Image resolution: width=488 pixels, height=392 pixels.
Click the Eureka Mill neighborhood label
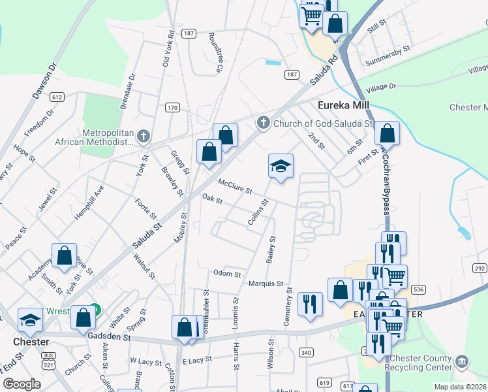click(x=343, y=105)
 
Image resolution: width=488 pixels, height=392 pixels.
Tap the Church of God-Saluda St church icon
click(x=263, y=122)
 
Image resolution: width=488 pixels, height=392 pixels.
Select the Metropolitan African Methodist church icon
click(x=144, y=137)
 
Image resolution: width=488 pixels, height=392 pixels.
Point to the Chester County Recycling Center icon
click(x=462, y=361)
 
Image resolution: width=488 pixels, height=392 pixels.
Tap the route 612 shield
click(x=57, y=97)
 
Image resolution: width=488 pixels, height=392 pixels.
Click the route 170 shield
click(x=172, y=108)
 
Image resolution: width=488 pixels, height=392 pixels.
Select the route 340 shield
click(x=305, y=353)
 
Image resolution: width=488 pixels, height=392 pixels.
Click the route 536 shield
click(x=419, y=289)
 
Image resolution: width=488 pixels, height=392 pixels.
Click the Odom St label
click(x=227, y=273)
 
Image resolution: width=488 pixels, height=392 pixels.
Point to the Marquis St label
click(x=266, y=284)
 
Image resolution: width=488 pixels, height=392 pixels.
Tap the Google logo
click(x=22, y=384)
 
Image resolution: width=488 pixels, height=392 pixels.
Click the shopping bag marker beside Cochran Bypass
click(x=387, y=133)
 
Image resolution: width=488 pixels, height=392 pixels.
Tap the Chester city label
click(x=31, y=342)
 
